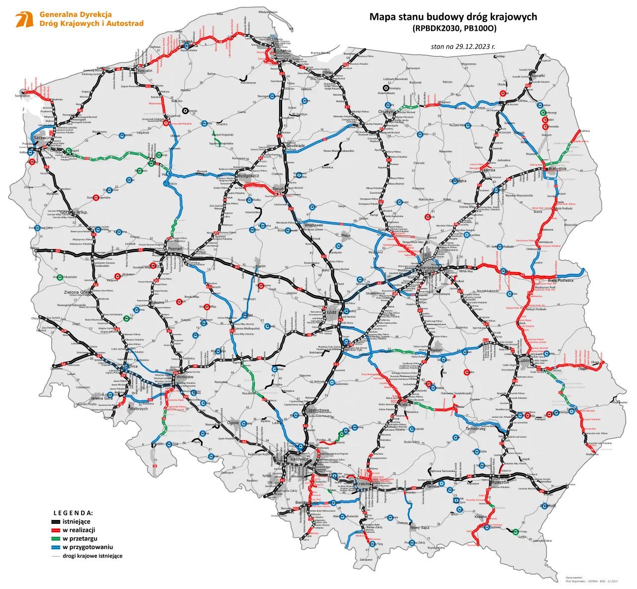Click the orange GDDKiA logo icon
(24, 19)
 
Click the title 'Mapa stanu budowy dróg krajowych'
(453, 17)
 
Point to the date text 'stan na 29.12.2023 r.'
(463, 47)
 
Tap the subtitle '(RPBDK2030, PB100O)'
(454, 28)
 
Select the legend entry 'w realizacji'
(79, 530)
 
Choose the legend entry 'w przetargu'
(80, 539)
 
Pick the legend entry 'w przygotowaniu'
(88, 547)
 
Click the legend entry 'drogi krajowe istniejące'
(93, 556)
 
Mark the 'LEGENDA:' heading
(73, 513)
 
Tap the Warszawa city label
(429, 268)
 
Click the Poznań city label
(175, 248)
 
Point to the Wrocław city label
(185, 377)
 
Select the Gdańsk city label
(283, 51)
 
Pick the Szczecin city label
(42, 137)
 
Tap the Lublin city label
(525, 360)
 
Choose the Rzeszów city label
(500, 482)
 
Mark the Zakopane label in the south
(366, 560)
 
